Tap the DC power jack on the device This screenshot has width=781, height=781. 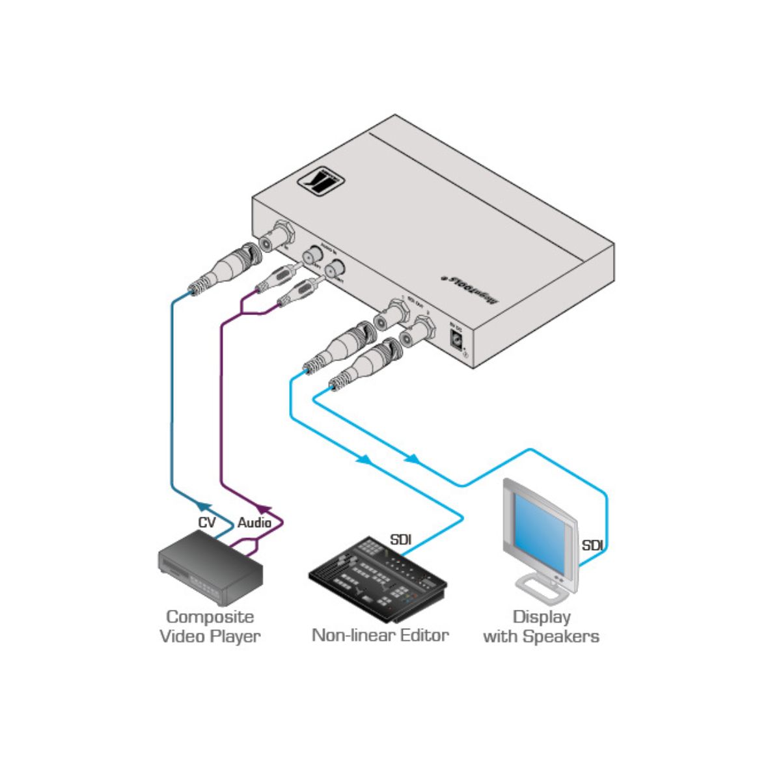[458, 339]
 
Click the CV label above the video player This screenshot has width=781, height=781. [207, 523]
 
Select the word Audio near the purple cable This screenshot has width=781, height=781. [254, 523]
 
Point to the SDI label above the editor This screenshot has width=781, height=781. [400, 540]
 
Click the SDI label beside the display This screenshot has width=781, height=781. [592, 545]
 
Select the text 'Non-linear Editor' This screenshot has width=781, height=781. [380, 635]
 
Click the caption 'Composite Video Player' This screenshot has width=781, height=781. [210, 627]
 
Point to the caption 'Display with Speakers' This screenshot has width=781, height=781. [541, 627]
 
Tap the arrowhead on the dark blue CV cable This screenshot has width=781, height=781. [203, 506]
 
